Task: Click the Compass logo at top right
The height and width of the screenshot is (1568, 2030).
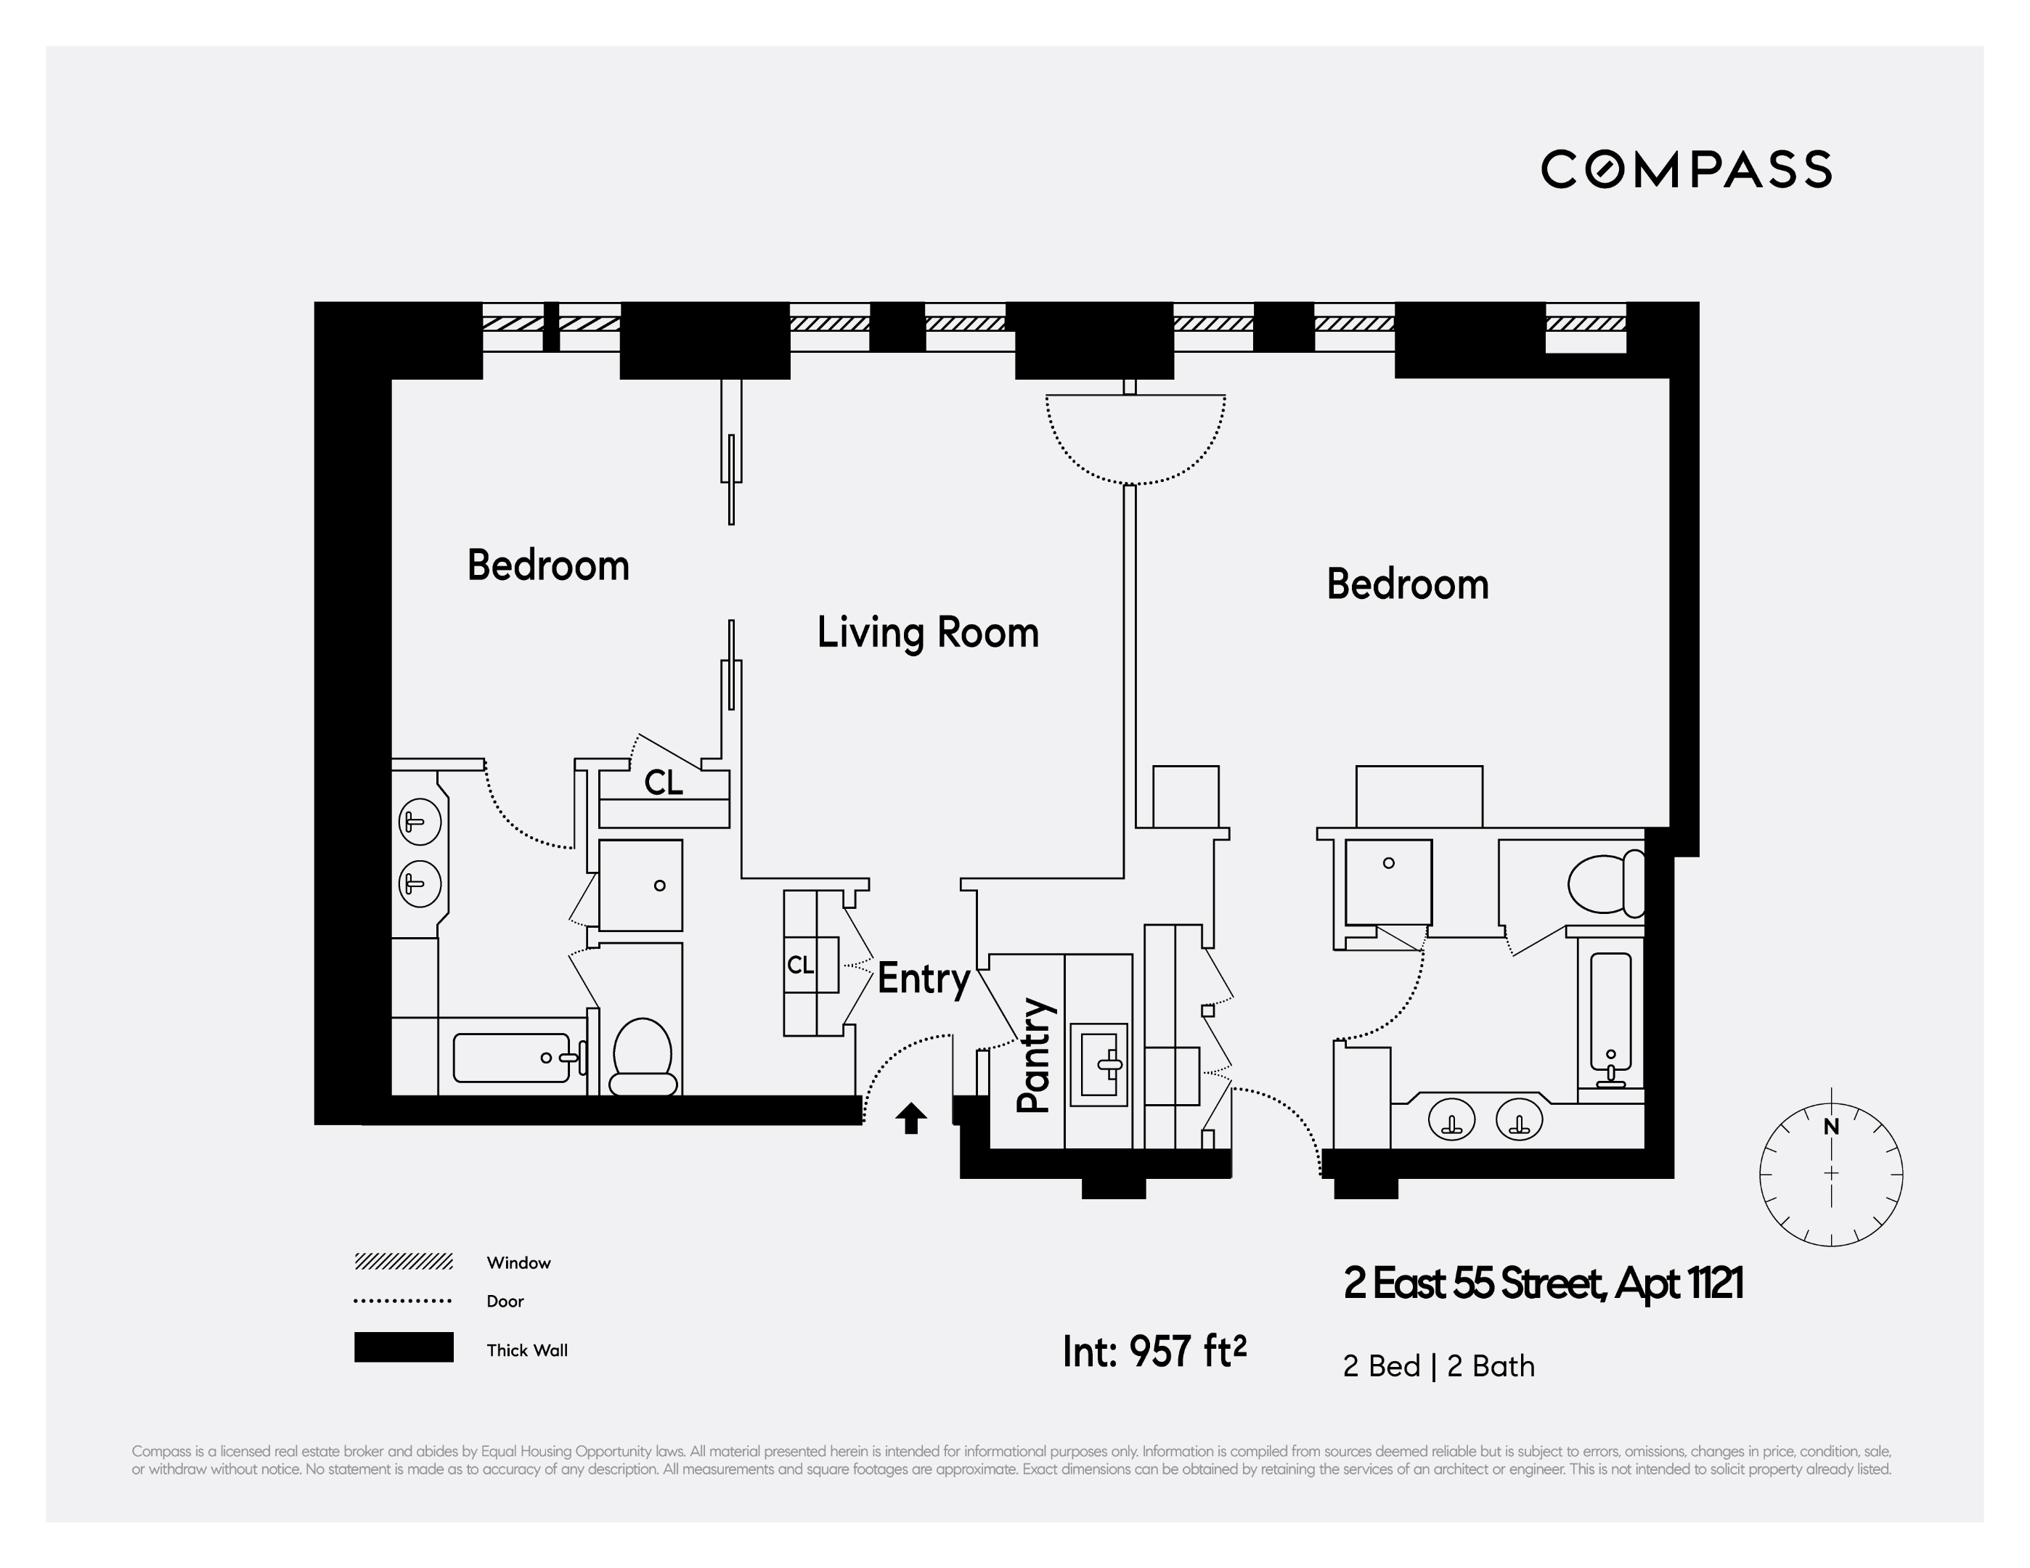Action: point(1685,169)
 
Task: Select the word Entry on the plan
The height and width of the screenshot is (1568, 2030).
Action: point(923,979)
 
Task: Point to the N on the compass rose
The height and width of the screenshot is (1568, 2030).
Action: point(1831,1127)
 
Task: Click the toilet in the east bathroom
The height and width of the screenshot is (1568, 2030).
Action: point(1602,884)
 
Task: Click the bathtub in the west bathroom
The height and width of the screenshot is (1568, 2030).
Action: point(511,1058)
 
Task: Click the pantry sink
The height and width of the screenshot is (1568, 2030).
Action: point(1098,1064)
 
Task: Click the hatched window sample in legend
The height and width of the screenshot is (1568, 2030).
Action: point(404,1261)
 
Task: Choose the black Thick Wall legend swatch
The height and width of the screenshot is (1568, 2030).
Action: point(404,1347)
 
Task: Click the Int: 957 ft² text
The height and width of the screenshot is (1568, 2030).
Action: point(1154,1352)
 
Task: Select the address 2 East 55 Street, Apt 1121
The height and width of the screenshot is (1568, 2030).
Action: point(1543,1283)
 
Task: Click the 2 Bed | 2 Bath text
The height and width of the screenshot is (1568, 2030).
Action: point(1438,1366)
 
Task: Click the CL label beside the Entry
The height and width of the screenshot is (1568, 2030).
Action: point(800,965)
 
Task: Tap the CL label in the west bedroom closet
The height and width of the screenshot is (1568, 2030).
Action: point(664,783)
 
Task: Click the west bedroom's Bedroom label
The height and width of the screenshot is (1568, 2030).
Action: point(547,565)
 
